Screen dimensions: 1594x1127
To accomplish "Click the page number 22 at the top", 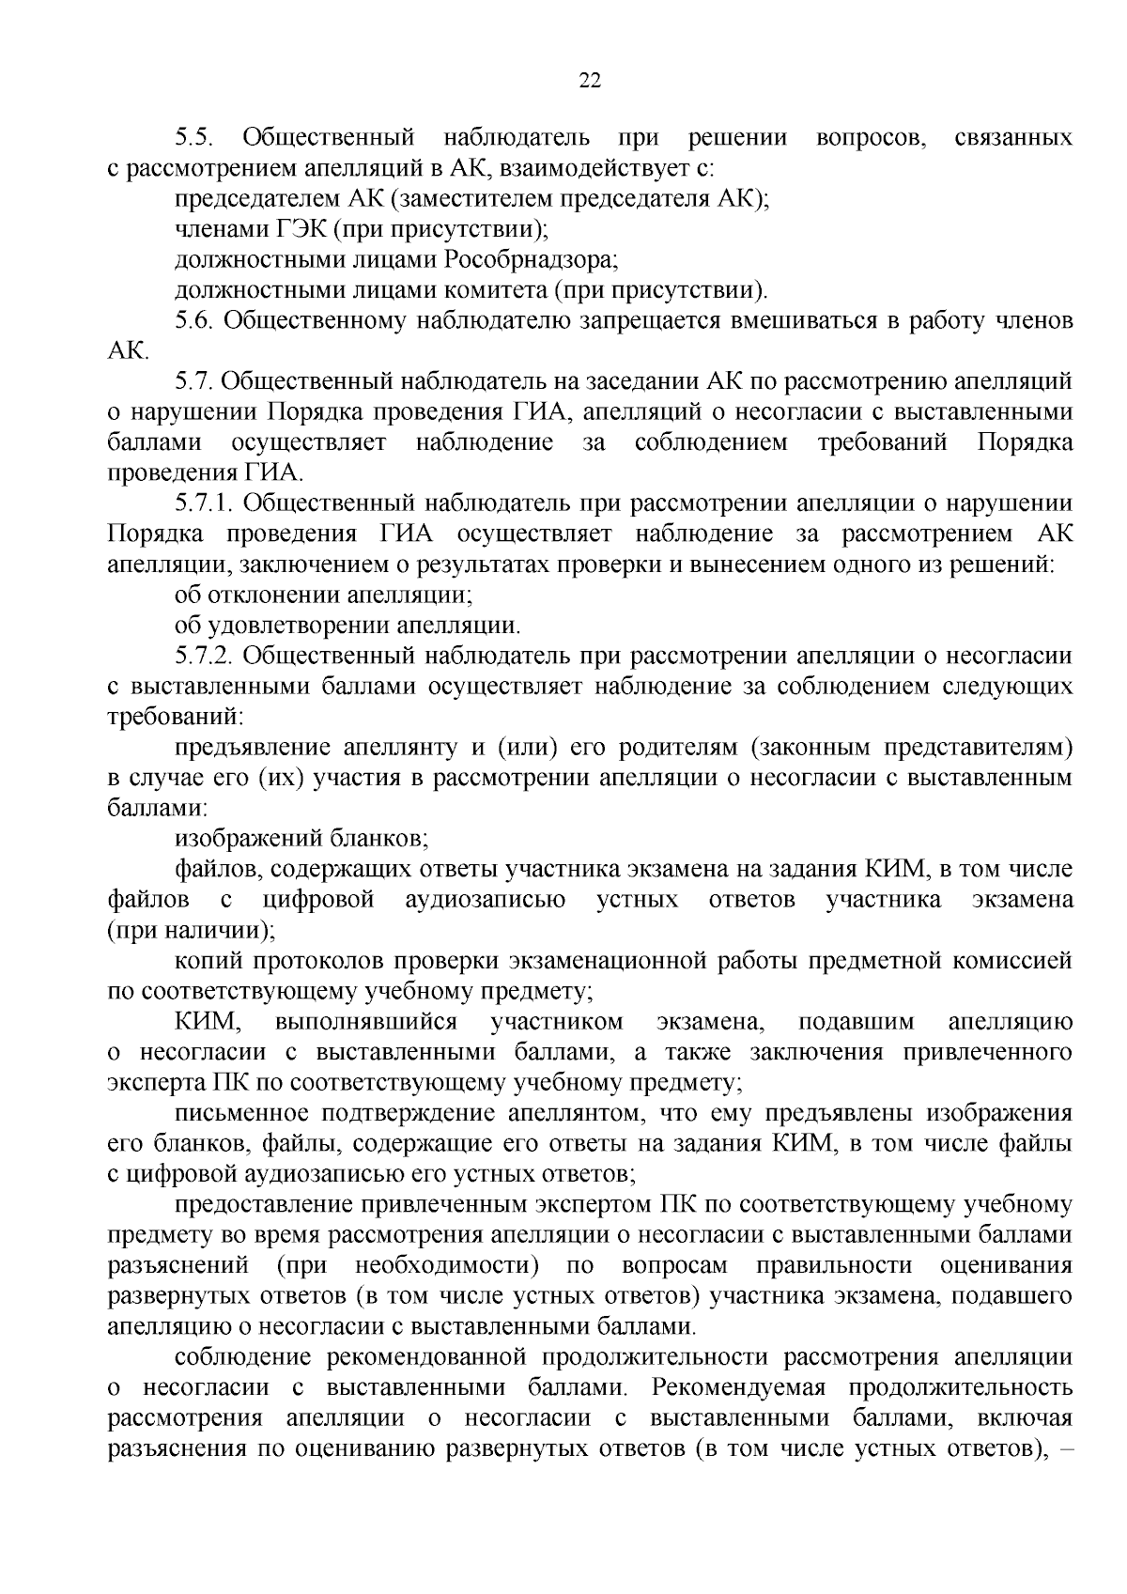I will [x=589, y=81].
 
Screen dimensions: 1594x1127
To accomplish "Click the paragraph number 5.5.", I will [x=196, y=139].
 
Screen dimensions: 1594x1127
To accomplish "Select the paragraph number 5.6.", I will [x=196, y=321].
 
